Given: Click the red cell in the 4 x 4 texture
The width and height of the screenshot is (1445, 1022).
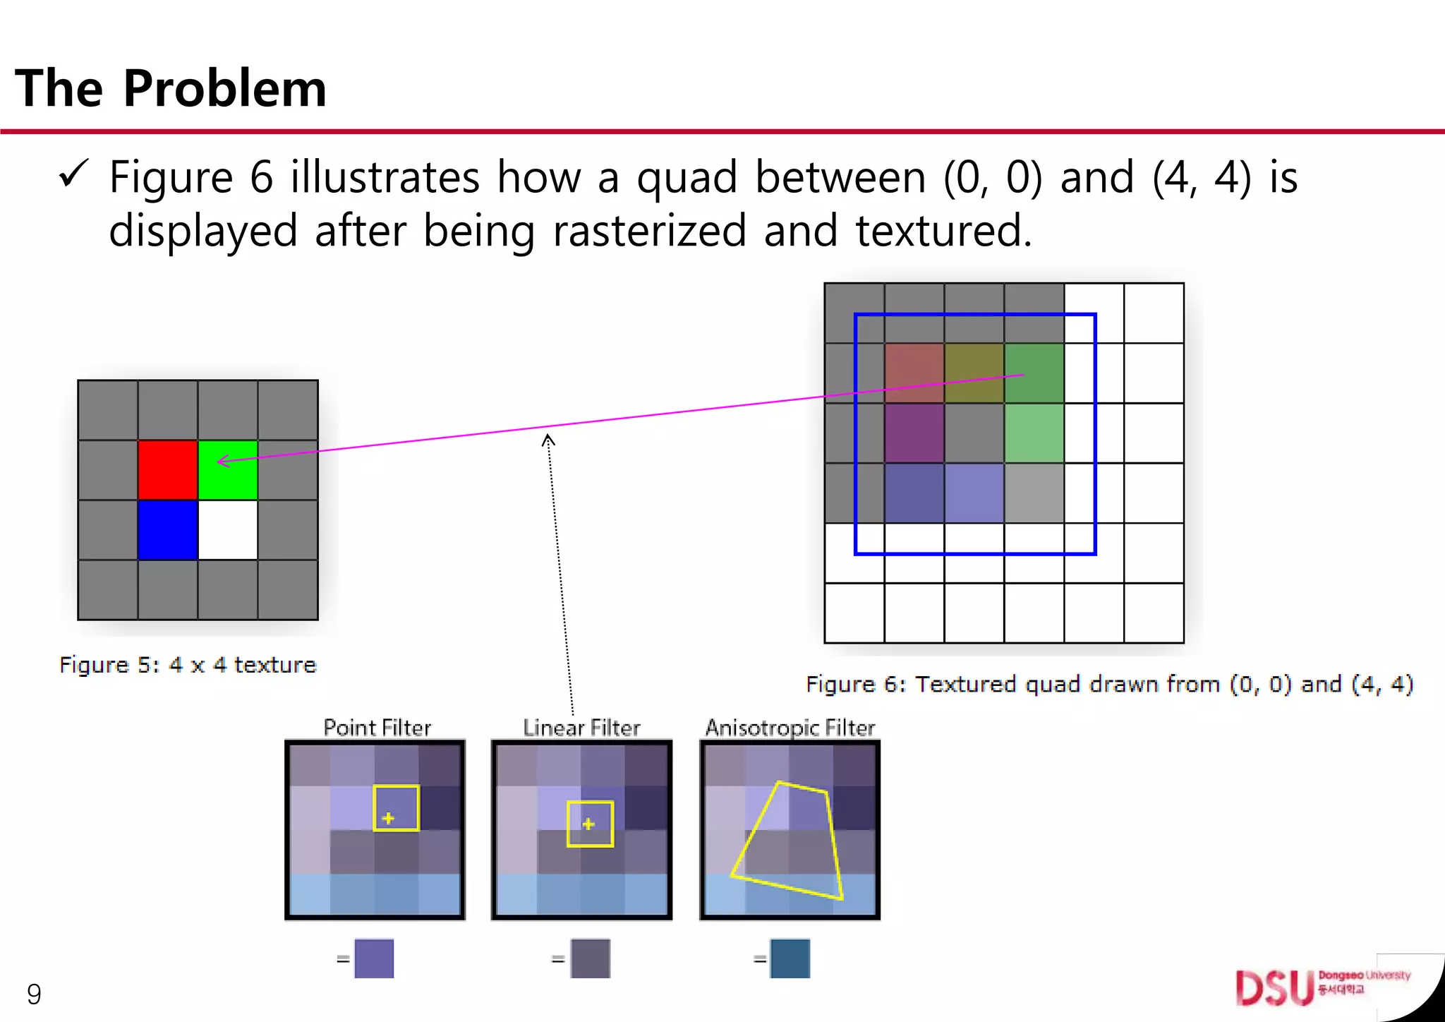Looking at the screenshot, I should tap(168, 470).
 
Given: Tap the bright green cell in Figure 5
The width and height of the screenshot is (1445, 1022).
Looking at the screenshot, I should tap(228, 470).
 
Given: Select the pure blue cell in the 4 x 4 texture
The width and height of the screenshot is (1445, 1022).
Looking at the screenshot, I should tap(168, 530).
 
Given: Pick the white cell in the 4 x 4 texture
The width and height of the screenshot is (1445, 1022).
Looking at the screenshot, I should tap(228, 530).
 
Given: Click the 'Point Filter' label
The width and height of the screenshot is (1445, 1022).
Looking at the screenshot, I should tap(377, 728).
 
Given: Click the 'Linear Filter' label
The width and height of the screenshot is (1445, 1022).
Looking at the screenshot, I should tap(581, 728).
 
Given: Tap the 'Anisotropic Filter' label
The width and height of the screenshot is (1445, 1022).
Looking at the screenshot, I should tap(790, 728).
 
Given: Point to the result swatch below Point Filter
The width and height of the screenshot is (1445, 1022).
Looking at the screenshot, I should tap(374, 958).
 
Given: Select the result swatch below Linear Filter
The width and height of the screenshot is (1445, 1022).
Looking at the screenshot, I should tap(590, 958).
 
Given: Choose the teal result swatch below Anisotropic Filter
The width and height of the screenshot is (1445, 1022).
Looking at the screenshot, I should tap(790, 958).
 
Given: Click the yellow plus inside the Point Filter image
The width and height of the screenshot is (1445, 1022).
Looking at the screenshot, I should tap(388, 818).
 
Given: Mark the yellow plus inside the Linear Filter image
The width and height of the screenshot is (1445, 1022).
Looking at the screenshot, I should tap(588, 824).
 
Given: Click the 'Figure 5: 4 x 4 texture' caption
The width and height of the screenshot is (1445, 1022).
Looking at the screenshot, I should tap(188, 665).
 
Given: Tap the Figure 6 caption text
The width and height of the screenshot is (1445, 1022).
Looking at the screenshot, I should tap(1109, 684).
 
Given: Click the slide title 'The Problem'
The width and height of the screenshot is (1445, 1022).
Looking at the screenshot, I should tap(171, 88).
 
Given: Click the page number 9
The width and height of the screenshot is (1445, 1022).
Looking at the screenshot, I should tap(34, 994).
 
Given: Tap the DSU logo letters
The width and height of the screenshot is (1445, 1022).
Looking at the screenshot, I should tap(1274, 987).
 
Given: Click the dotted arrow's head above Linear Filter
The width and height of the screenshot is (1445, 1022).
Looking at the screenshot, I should tap(548, 440).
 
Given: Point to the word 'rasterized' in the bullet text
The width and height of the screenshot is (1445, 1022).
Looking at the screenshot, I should tap(649, 231).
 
